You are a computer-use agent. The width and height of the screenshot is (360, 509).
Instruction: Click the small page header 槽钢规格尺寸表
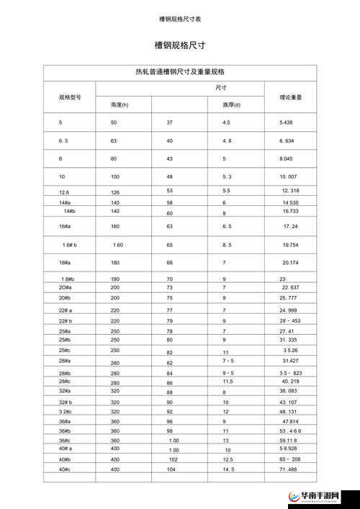pos(179,18)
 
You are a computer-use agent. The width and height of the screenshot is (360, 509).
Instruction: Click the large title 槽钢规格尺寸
pos(179,45)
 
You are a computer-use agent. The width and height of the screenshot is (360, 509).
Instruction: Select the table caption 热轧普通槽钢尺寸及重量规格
pos(179,72)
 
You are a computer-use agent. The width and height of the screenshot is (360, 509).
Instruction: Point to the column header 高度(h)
pos(120,105)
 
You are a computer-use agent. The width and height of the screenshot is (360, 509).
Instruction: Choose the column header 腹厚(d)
pos(232,105)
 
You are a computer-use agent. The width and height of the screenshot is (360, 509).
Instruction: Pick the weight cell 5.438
pos(287,123)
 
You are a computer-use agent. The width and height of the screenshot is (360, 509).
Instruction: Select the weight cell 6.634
pos(287,140)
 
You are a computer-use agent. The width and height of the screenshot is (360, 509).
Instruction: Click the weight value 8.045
pos(287,158)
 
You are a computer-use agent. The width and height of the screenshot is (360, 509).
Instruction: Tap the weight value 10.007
pos(289,176)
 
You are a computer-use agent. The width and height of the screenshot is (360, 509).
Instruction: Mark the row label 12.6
pos(64,192)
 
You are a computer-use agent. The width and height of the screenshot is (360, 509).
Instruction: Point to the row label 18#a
pos(65,263)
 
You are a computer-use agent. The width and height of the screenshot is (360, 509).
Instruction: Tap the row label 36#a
pos(65,421)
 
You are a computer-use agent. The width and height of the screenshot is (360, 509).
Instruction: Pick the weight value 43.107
pos(288,402)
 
